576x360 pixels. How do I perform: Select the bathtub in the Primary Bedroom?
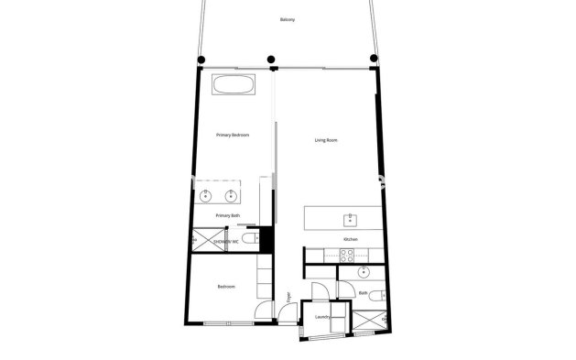click(x=234, y=84)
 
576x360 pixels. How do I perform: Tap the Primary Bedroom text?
click(x=234, y=136)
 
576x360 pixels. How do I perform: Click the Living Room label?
click(x=326, y=140)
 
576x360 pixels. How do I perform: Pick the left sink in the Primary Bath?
click(x=206, y=194)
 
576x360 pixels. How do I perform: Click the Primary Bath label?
click(x=228, y=215)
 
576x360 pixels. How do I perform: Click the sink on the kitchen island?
click(x=349, y=220)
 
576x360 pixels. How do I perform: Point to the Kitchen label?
click(x=350, y=240)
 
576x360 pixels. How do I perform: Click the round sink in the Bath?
click(x=364, y=271)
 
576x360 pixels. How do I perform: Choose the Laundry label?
click(x=321, y=317)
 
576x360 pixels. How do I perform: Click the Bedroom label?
click(x=226, y=288)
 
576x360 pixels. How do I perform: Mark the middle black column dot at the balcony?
click(x=271, y=61)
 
